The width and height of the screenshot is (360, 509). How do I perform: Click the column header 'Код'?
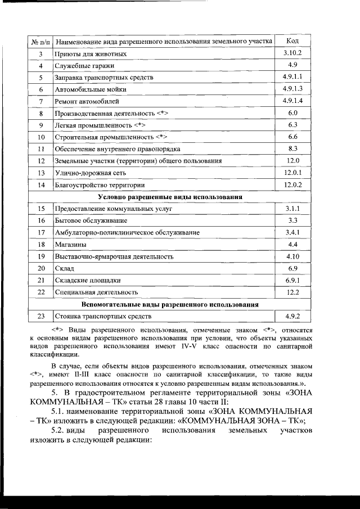point(292,41)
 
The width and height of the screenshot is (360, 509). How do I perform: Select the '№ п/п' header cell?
point(40,42)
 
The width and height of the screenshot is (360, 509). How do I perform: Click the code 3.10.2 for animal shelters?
point(293,53)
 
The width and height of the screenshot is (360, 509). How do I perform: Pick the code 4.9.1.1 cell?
point(293,77)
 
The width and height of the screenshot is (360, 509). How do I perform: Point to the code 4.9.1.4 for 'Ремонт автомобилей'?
point(293,101)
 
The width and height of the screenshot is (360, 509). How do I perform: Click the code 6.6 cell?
point(292,137)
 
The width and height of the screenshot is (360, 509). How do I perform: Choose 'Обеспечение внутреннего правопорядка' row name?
point(117,149)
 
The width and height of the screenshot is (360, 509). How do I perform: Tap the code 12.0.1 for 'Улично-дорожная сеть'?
point(293,173)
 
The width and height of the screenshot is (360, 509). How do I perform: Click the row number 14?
point(40,185)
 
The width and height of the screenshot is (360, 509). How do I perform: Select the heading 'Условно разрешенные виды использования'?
point(170,197)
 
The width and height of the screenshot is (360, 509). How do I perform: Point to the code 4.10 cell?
point(292,256)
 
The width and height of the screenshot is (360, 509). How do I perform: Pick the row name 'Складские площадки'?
point(87,280)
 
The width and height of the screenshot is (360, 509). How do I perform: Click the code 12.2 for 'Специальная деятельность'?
point(292,292)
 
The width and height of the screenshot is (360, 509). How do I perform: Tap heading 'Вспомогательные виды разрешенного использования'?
point(170,304)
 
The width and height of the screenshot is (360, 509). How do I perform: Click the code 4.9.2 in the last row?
point(292,316)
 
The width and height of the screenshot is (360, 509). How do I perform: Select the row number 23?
point(40,317)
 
